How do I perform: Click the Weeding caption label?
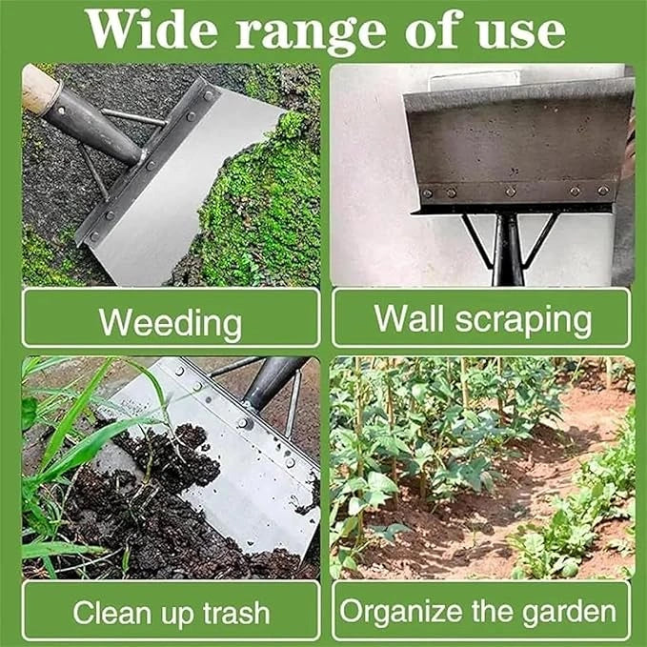(171, 324)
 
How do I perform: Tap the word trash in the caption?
(236, 613)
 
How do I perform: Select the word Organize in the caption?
(401, 612)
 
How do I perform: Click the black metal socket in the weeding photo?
(92, 125)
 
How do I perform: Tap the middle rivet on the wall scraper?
(511, 192)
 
